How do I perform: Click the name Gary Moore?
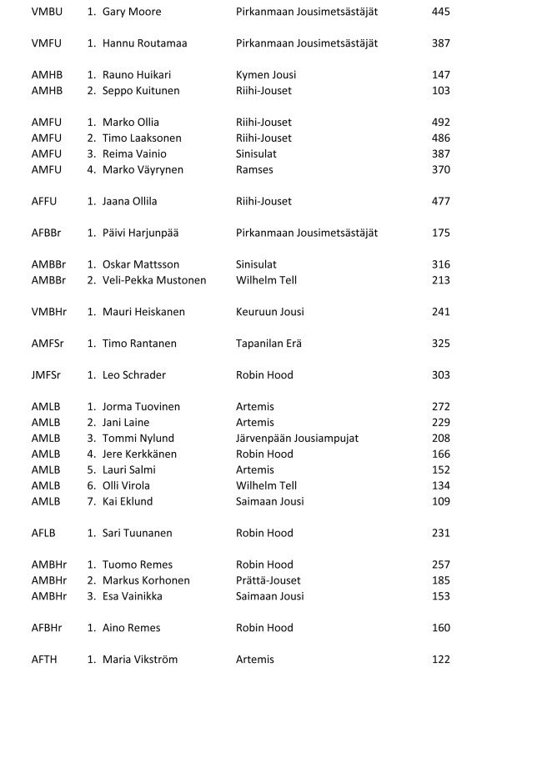132,13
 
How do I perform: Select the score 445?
441,13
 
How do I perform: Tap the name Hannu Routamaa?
144,43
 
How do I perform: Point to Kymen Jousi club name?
265,75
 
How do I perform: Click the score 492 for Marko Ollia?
441,123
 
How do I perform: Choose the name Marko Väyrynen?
143,170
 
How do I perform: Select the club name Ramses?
254,170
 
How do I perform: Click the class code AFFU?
45,202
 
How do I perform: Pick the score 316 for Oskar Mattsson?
441,265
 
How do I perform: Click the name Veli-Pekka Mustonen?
154,280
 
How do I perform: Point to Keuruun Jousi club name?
269,312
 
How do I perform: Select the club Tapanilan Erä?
268,344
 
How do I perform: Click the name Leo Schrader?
134,375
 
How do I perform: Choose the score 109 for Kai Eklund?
441,502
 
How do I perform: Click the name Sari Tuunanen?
138,534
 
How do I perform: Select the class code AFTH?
45,660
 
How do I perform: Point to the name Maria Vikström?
139,660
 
